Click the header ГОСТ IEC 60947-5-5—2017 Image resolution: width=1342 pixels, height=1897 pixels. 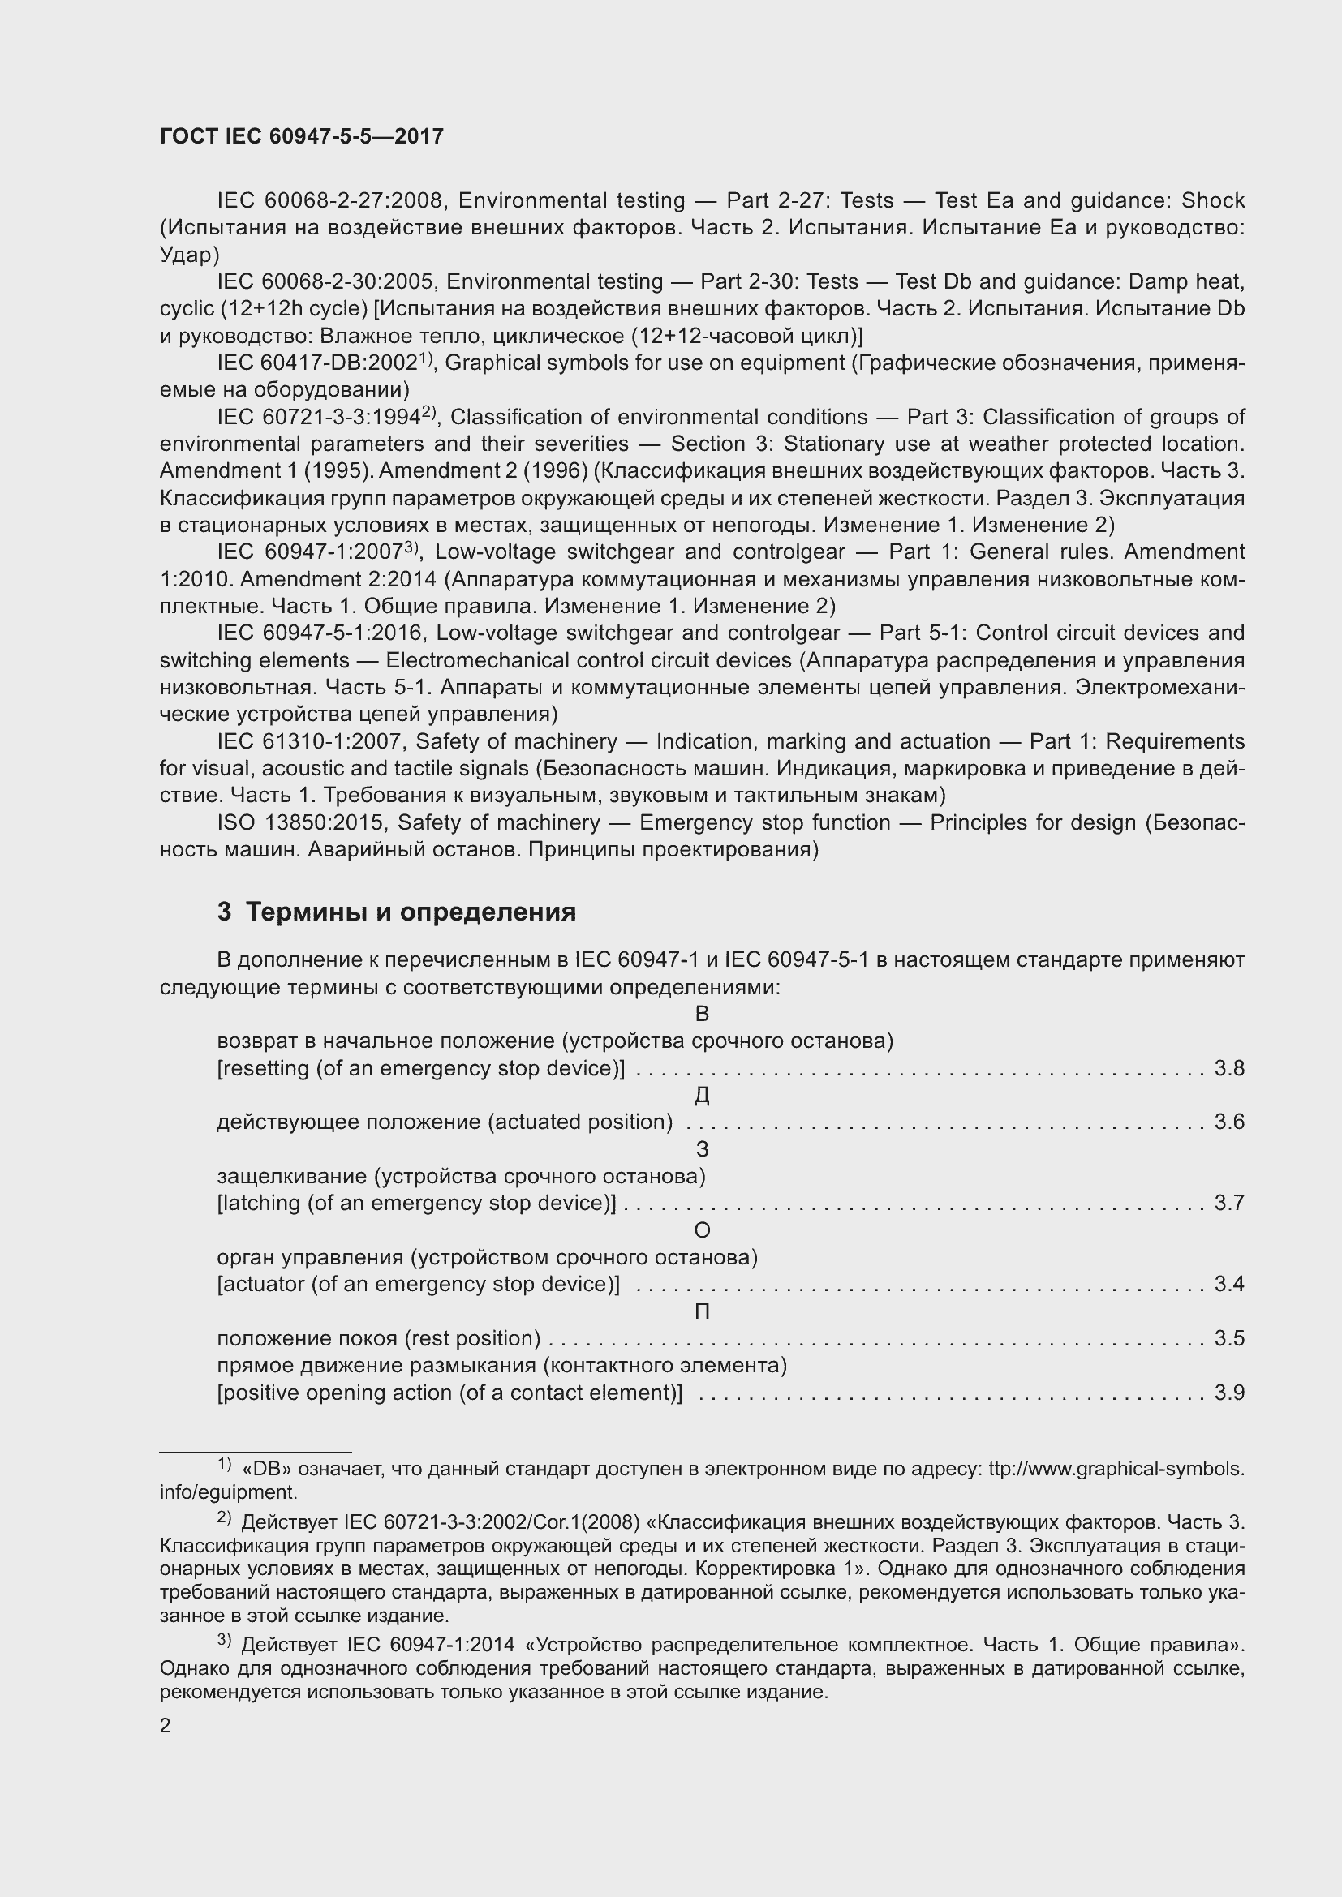pyautogui.click(x=302, y=136)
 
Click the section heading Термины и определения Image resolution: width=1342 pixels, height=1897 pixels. pyautogui.click(x=411, y=912)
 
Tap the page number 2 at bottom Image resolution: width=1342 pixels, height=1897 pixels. pyautogui.click(x=166, y=1726)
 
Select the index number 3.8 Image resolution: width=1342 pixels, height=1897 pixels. pyautogui.click(x=1228, y=1068)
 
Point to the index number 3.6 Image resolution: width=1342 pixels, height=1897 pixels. pyautogui.click(x=1228, y=1122)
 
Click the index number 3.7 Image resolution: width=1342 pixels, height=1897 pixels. pyautogui.click(x=1228, y=1203)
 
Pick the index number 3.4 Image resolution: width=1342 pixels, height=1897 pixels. pyautogui.click(x=1228, y=1284)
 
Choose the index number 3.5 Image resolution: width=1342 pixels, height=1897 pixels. pyautogui.click(x=1228, y=1338)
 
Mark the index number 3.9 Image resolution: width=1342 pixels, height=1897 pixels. pyautogui.click(x=1228, y=1393)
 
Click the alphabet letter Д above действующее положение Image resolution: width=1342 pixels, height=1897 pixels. pyautogui.click(x=702, y=1096)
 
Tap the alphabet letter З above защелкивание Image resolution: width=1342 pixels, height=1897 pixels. pyautogui.click(x=702, y=1149)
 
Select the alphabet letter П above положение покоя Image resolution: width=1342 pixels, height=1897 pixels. pyautogui.click(x=702, y=1311)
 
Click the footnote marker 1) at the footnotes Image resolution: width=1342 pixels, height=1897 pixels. pyautogui.click(x=224, y=1466)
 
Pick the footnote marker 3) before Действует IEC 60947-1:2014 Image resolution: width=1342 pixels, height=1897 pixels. pyautogui.click(x=224, y=1642)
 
